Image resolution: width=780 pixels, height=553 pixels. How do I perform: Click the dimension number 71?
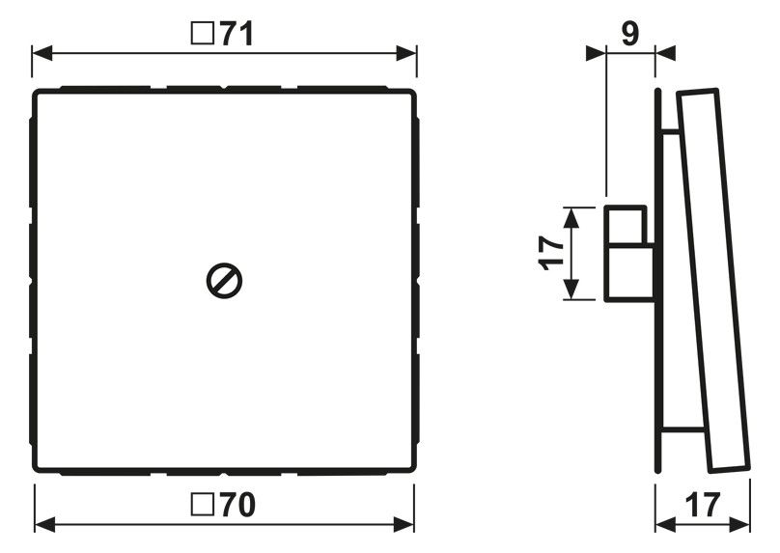tap(237, 35)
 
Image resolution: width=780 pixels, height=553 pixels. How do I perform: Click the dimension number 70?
tap(237, 505)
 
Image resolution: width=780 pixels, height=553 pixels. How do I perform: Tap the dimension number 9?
tap(630, 34)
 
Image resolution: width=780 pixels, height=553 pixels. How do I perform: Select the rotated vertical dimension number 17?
tap(551, 253)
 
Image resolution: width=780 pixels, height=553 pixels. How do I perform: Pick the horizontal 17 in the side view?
tap(703, 506)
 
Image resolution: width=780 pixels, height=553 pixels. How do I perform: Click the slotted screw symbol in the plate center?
tap(224, 281)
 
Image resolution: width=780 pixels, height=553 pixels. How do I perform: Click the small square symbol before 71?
tap(203, 35)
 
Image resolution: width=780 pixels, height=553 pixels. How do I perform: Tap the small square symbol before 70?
tap(203, 505)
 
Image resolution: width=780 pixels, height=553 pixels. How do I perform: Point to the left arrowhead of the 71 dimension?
tap(42, 53)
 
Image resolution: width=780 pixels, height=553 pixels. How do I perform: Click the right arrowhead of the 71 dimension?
tap(406, 53)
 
